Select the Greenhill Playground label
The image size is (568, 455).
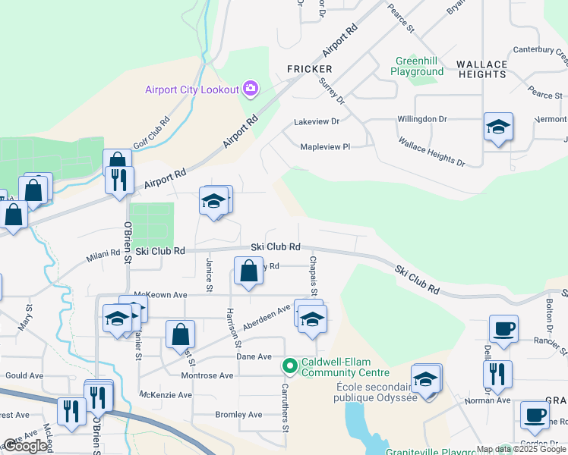click(417, 66)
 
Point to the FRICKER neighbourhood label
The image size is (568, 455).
click(310, 69)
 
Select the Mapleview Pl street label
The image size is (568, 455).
click(325, 147)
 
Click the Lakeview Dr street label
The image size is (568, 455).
click(316, 121)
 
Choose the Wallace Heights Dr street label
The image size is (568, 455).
click(431, 152)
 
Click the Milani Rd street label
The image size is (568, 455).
click(103, 256)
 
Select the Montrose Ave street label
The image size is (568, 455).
click(207, 375)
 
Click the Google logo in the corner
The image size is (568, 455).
click(25, 446)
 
